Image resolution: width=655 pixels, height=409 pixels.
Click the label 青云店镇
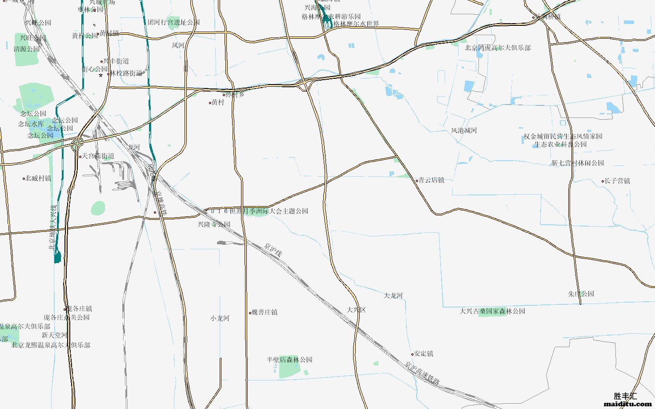431,180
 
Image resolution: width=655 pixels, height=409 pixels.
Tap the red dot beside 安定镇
413,354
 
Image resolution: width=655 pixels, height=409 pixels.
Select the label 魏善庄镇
265,312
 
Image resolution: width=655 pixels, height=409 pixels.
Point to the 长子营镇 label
617,181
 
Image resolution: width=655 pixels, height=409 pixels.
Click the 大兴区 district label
356,310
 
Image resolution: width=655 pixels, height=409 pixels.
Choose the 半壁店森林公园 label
289,360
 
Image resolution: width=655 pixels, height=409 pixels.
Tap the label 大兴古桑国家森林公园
492,311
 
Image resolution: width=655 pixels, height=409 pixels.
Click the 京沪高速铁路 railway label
422,373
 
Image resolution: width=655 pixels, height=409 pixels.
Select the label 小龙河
220,318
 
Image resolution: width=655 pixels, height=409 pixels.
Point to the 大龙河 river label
393,296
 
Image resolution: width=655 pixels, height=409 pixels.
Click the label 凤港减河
464,130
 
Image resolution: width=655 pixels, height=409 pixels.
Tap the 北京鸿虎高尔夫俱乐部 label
498,48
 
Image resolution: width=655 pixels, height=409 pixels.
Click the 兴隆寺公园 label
214,224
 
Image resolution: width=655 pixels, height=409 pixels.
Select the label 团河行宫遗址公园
173,22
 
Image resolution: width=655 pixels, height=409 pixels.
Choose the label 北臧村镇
38,178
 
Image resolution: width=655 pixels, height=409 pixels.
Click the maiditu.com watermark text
627,404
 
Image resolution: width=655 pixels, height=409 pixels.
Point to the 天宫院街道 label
98,156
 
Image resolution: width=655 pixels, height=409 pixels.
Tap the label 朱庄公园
581,294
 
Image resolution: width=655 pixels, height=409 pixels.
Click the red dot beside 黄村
210,103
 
